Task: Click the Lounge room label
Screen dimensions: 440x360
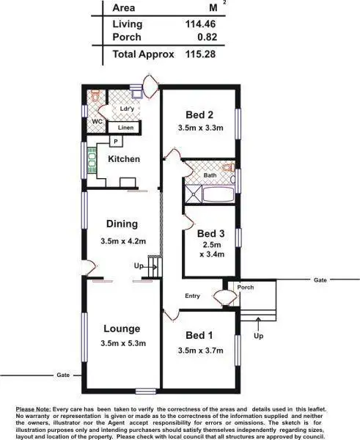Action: pyautogui.click(x=122, y=329)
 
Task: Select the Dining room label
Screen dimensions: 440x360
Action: pyautogui.click(x=122, y=224)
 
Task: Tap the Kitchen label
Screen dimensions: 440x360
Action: pyautogui.click(x=124, y=159)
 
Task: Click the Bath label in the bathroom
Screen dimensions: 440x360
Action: pyautogui.click(x=210, y=175)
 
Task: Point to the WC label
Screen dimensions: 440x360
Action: pyautogui.click(x=96, y=122)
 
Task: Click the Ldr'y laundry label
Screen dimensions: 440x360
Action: pyautogui.click(x=126, y=109)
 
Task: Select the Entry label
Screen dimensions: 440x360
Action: pyautogui.click(x=192, y=296)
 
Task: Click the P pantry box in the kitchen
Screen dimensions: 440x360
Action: pyautogui.click(x=115, y=141)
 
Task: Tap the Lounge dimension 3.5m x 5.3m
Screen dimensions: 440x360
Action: pyautogui.click(x=122, y=343)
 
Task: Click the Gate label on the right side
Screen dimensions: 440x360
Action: pyautogui.click(x=319, y=280)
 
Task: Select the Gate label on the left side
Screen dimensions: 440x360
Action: pyautogui.click(x=63, y=375)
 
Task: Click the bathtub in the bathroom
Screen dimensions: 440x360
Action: pyautogui.click(x=217, y=194)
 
